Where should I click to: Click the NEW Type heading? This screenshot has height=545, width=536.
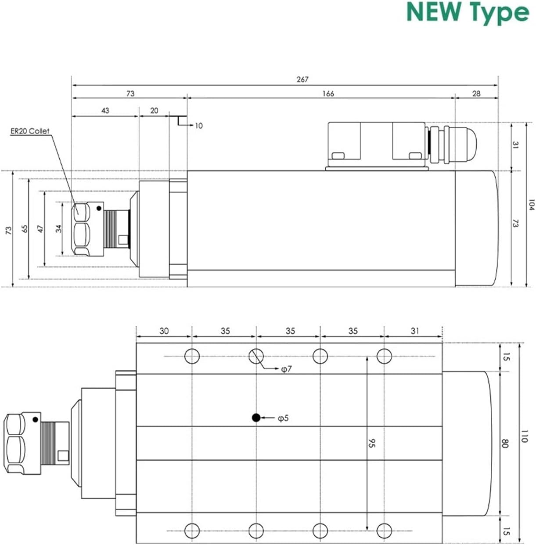468,13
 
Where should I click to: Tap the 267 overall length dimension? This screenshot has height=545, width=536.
302,79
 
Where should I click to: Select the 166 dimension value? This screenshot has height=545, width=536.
328,94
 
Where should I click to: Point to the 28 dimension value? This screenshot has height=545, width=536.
476,94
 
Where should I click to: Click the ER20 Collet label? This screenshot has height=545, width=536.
30,131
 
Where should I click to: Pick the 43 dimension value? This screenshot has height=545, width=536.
105,111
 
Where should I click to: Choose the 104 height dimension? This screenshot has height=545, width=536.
531,205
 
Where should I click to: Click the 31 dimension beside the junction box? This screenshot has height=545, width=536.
515,144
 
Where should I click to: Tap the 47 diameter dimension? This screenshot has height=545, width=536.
41,229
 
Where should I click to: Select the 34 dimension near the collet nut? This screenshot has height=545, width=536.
59,228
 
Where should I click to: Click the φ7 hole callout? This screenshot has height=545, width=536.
286,370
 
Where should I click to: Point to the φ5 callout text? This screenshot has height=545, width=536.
284,418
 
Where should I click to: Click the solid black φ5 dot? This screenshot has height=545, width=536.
256,418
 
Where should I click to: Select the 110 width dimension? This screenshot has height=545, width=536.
524,437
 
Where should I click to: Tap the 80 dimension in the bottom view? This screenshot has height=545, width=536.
505,443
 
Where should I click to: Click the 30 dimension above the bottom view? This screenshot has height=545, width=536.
164,331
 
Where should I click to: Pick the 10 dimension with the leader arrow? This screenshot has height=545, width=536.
198,126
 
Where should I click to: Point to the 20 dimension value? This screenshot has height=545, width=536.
154,111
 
